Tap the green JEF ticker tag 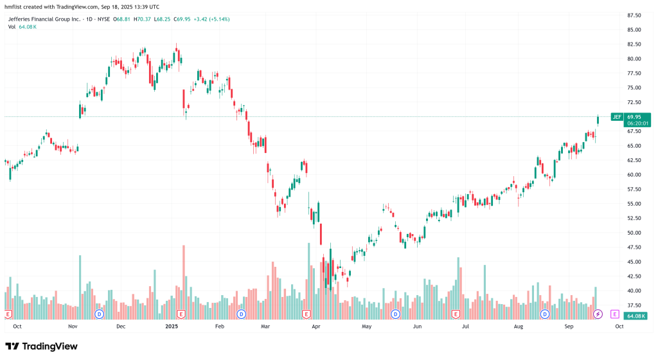point(617,117)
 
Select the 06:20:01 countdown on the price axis point(639,123)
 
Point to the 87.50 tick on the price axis point(636,15)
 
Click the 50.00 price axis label point(636,233)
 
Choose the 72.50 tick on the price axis point(636,102)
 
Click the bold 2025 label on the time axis point(171,326)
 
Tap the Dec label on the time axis point(120,326)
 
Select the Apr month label point(316,326)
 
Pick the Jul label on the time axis point(465,326)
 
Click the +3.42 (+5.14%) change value point(210,19)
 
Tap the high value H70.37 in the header point(143,19)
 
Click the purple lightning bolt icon point(598,314)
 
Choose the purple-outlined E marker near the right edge point(615,314)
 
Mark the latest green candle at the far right point(598,119)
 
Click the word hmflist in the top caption point(17,6)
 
